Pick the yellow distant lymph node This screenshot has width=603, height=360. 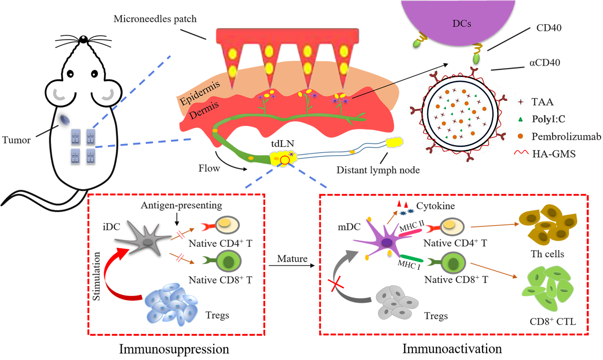coord(394,142)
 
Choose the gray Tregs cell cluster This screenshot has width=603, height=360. coord(394,302)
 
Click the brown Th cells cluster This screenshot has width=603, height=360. coord(548,224)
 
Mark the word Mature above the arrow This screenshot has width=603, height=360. coord(291,260)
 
